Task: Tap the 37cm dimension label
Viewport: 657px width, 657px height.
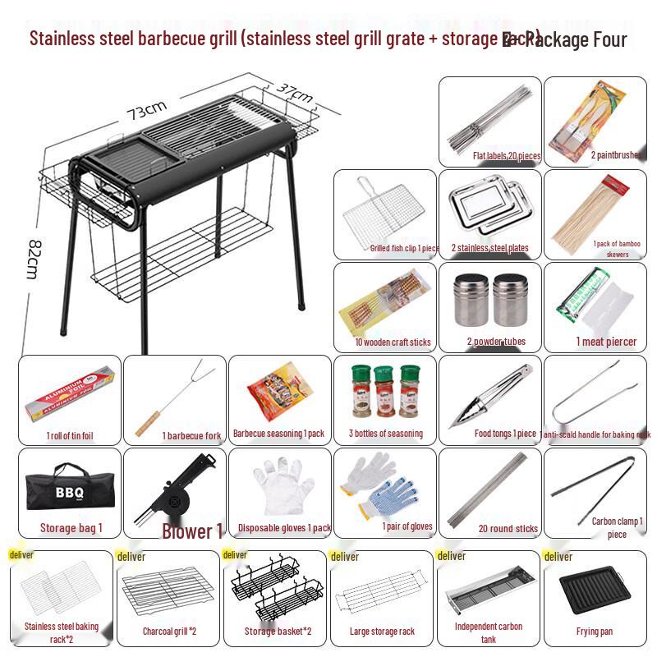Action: click(x=294, y=93)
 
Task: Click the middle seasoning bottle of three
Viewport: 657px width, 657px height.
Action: click(x=384, y=389)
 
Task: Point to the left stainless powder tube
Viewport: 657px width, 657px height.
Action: click(x=468, y=301)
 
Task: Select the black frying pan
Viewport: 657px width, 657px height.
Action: click(x=595, y=594)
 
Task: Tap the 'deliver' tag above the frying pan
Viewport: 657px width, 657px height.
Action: click(x=558, y=557)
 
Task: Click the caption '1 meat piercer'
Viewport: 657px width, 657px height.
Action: click(x=605, y=342)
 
